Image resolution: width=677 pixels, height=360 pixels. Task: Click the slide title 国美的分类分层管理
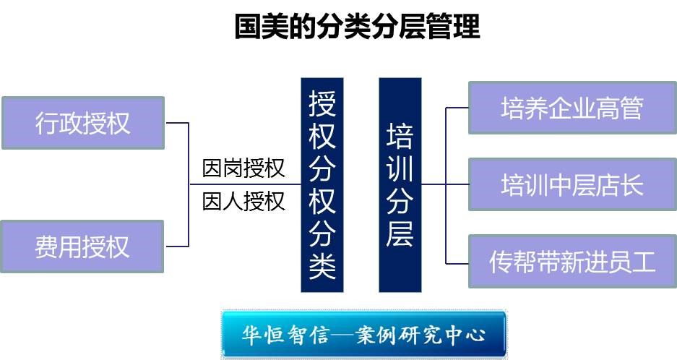357,27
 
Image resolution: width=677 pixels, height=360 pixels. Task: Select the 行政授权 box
83,122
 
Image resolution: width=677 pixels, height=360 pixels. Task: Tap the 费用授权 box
83,247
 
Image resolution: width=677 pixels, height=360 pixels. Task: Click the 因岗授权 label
243,169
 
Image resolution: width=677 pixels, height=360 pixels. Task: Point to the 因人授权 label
243,200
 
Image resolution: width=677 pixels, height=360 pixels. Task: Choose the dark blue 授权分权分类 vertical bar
322,185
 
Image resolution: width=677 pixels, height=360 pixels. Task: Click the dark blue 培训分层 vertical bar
400,185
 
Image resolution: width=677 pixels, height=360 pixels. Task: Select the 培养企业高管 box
572,108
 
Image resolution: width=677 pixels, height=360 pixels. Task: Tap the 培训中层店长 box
572,185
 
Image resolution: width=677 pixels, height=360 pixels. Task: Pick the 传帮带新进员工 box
572,261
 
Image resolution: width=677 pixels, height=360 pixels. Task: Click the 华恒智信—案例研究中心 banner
363,335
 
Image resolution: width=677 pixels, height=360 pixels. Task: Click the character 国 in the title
248,27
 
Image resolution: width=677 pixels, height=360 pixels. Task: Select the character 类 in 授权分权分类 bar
322,267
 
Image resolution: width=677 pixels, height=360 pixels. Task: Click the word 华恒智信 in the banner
285,335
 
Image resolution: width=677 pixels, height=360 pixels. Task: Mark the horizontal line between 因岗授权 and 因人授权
243,185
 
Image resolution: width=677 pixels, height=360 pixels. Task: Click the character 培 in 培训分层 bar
400,137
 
